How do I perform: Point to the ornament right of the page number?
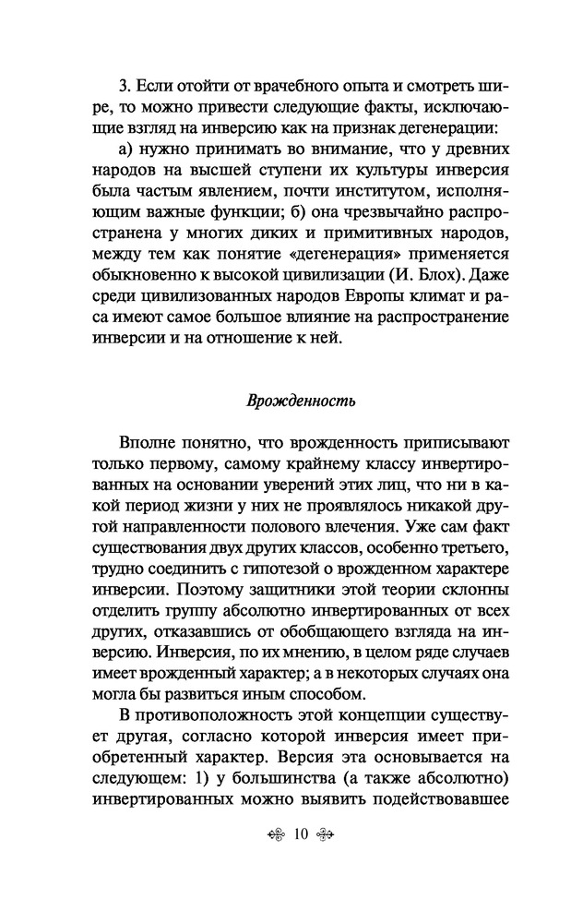(x=322, y=861)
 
